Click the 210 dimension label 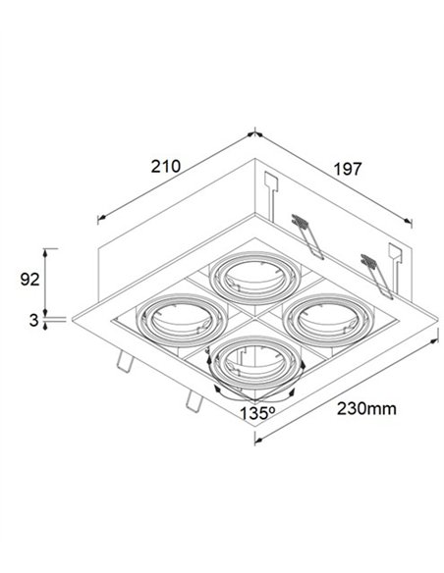point(166,166)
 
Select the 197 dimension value point(347,169)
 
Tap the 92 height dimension point(29,280)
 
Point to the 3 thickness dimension point(33,320)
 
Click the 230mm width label point(366,408)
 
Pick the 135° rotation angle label point(257,413)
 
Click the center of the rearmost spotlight point(255,278)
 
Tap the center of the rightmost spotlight point(329,321)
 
